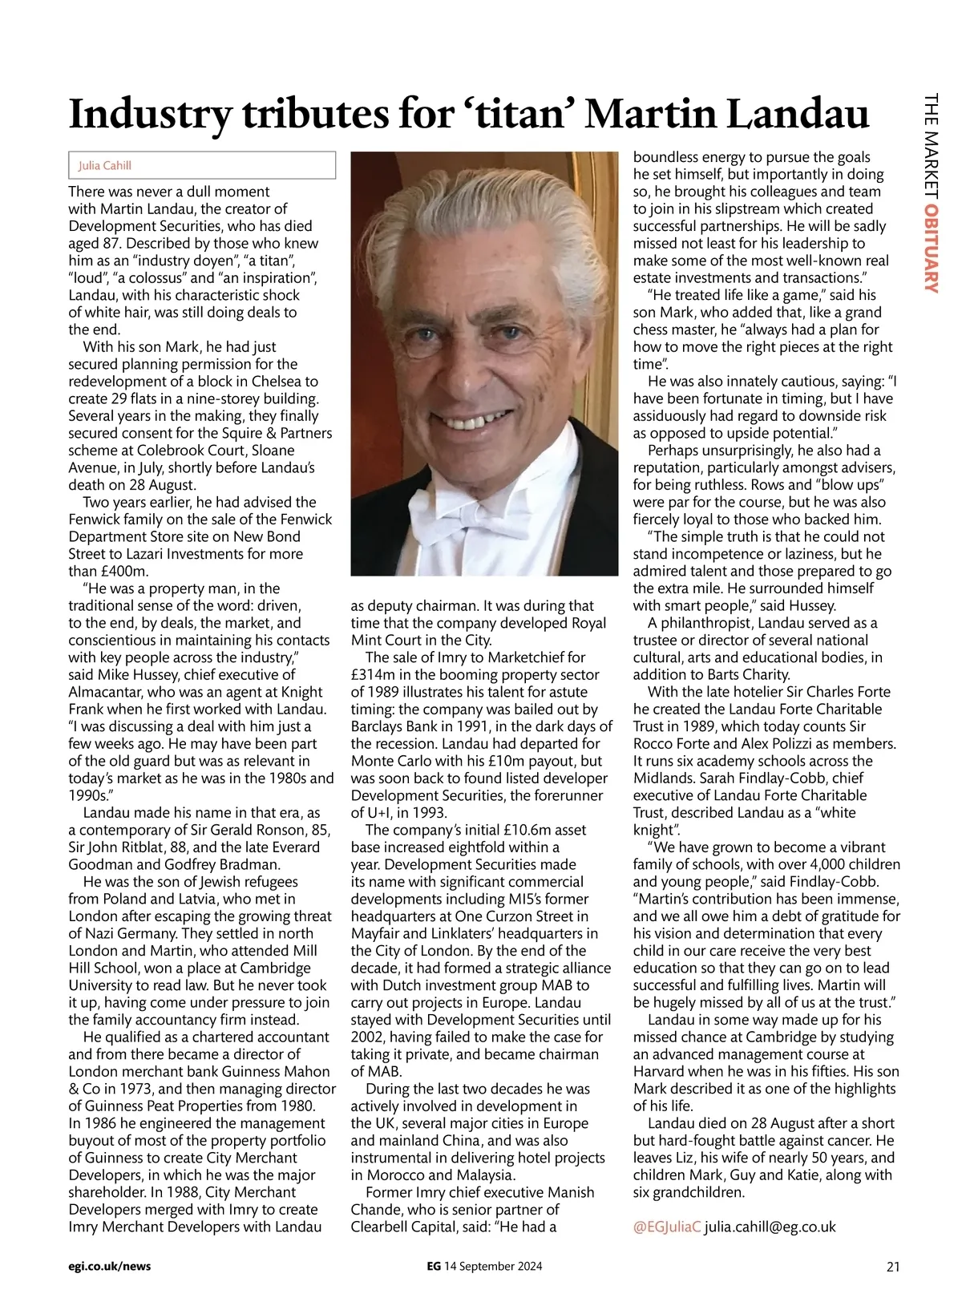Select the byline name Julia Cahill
point(105,165)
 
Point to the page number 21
point(893,1267)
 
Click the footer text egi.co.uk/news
point(110,1267)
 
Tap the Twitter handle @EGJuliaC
point(667,1227)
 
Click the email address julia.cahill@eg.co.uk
point(770,1227)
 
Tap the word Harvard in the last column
point(662,1071)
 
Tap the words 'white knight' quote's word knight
point(655,830)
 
